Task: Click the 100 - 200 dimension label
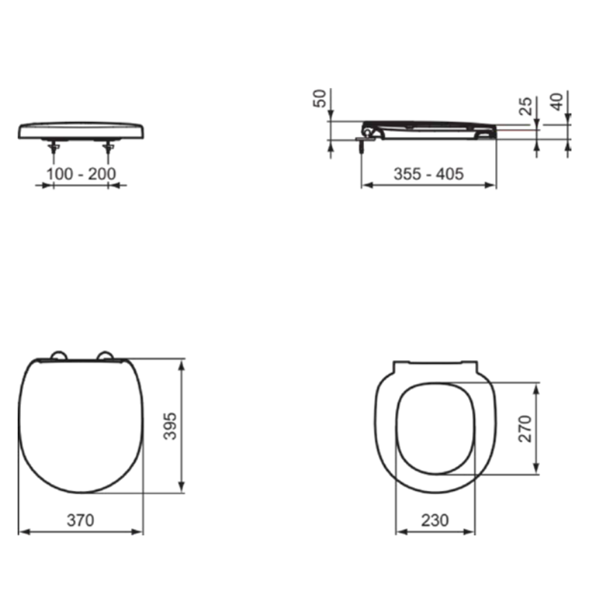[x=81, y=174]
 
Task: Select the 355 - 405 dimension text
[x=428, y=174]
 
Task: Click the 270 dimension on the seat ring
[x=525, y=428]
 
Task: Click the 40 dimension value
[x=557, y=102]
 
